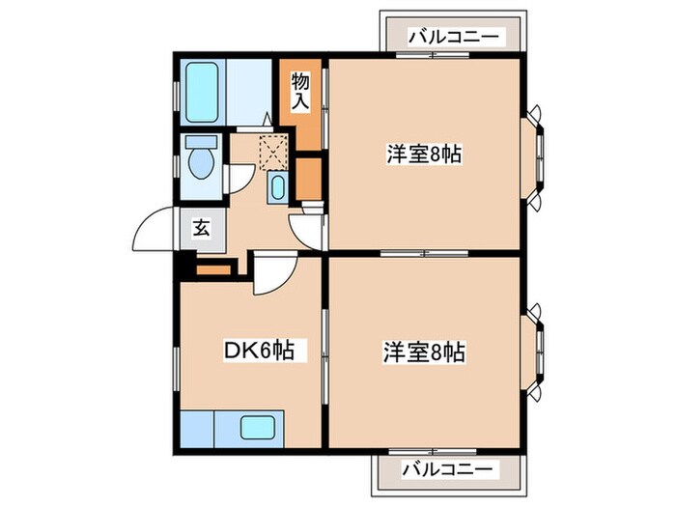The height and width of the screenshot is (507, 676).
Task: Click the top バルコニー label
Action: point(454,37)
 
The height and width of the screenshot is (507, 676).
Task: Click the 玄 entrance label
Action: point(202,229)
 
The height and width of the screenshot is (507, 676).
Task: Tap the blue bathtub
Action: point(204,92)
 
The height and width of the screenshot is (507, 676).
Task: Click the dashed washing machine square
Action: point(274,153)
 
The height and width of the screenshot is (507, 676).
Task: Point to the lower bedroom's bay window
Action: point(534,351)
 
